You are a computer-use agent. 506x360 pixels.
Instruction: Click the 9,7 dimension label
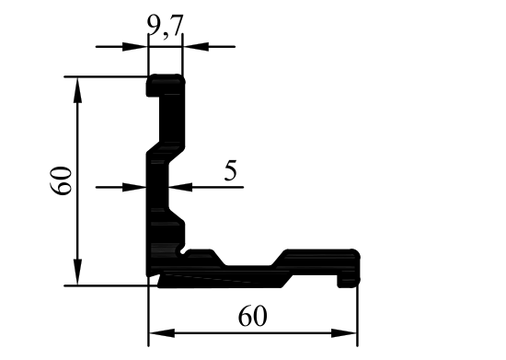coord(166,27)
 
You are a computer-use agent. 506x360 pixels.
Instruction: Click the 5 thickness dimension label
coord(231,170)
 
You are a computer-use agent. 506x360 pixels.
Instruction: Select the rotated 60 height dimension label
coord(61,180)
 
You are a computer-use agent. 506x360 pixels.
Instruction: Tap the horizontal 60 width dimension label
coord(253,317)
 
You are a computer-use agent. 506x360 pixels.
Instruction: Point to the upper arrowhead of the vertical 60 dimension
coord(77,90)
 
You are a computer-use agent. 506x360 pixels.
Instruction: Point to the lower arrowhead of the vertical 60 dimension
coord(77,272)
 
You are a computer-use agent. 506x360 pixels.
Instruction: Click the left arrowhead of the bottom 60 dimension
coord(162,333)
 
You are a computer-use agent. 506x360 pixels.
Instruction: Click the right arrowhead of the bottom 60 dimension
coord(344,333)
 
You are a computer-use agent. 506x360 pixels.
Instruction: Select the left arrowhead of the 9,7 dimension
coord(135,46)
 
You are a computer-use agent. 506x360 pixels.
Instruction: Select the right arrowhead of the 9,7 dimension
coord(196,46)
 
